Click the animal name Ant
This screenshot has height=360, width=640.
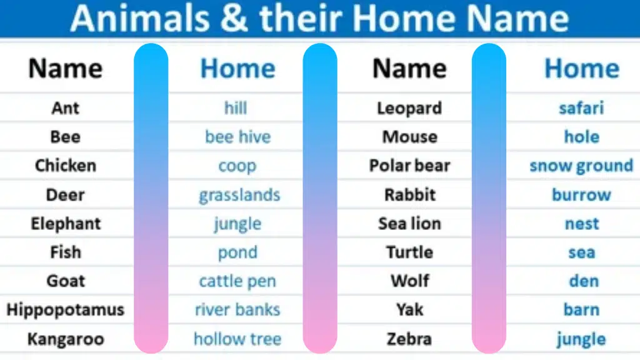click(x=66, y=108)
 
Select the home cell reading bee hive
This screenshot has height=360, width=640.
click(x=237, y=137)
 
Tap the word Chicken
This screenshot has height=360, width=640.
click(x=66, y=166)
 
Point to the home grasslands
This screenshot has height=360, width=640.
click(x=239, y=195)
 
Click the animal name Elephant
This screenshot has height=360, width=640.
click(x=66, y=224)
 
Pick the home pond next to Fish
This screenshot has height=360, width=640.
click(x=237, y=252)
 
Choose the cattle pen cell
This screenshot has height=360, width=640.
click(x=237, y=281)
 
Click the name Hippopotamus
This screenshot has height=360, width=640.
click(x=66, y=310)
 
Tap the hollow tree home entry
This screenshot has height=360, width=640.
click(x=237, y=339)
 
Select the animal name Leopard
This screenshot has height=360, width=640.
click(x=409, y=108)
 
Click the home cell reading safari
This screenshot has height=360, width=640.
click(x=581, y=108)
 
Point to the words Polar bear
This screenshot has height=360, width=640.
click(x=409, y=166)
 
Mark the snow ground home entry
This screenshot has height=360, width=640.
click(x=581, y=166)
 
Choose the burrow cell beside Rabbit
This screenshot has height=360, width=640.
click(x=581, y=195)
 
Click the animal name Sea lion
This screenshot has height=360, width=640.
click(x=409, y=224)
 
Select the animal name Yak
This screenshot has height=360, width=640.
click(x=409, y=310)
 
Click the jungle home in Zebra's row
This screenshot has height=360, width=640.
click(x=581, y=339)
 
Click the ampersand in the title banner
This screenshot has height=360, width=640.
click(x=233, y=19)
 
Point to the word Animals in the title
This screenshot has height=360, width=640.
click(x=141, y=19)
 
